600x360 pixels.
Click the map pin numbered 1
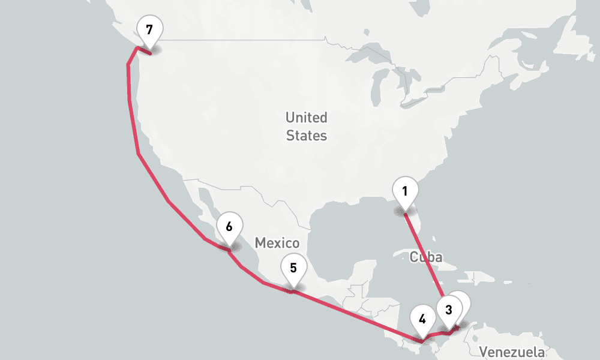click(405, 192)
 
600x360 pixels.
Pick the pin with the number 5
click(293, 268)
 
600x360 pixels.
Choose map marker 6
click(229, 227)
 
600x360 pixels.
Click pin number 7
click(149, 29)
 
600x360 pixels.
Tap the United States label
click(306, 126)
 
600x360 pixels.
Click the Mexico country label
click(277, 243)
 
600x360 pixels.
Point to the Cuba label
click(426, 257)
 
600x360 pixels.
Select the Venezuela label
click(512, 352)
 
